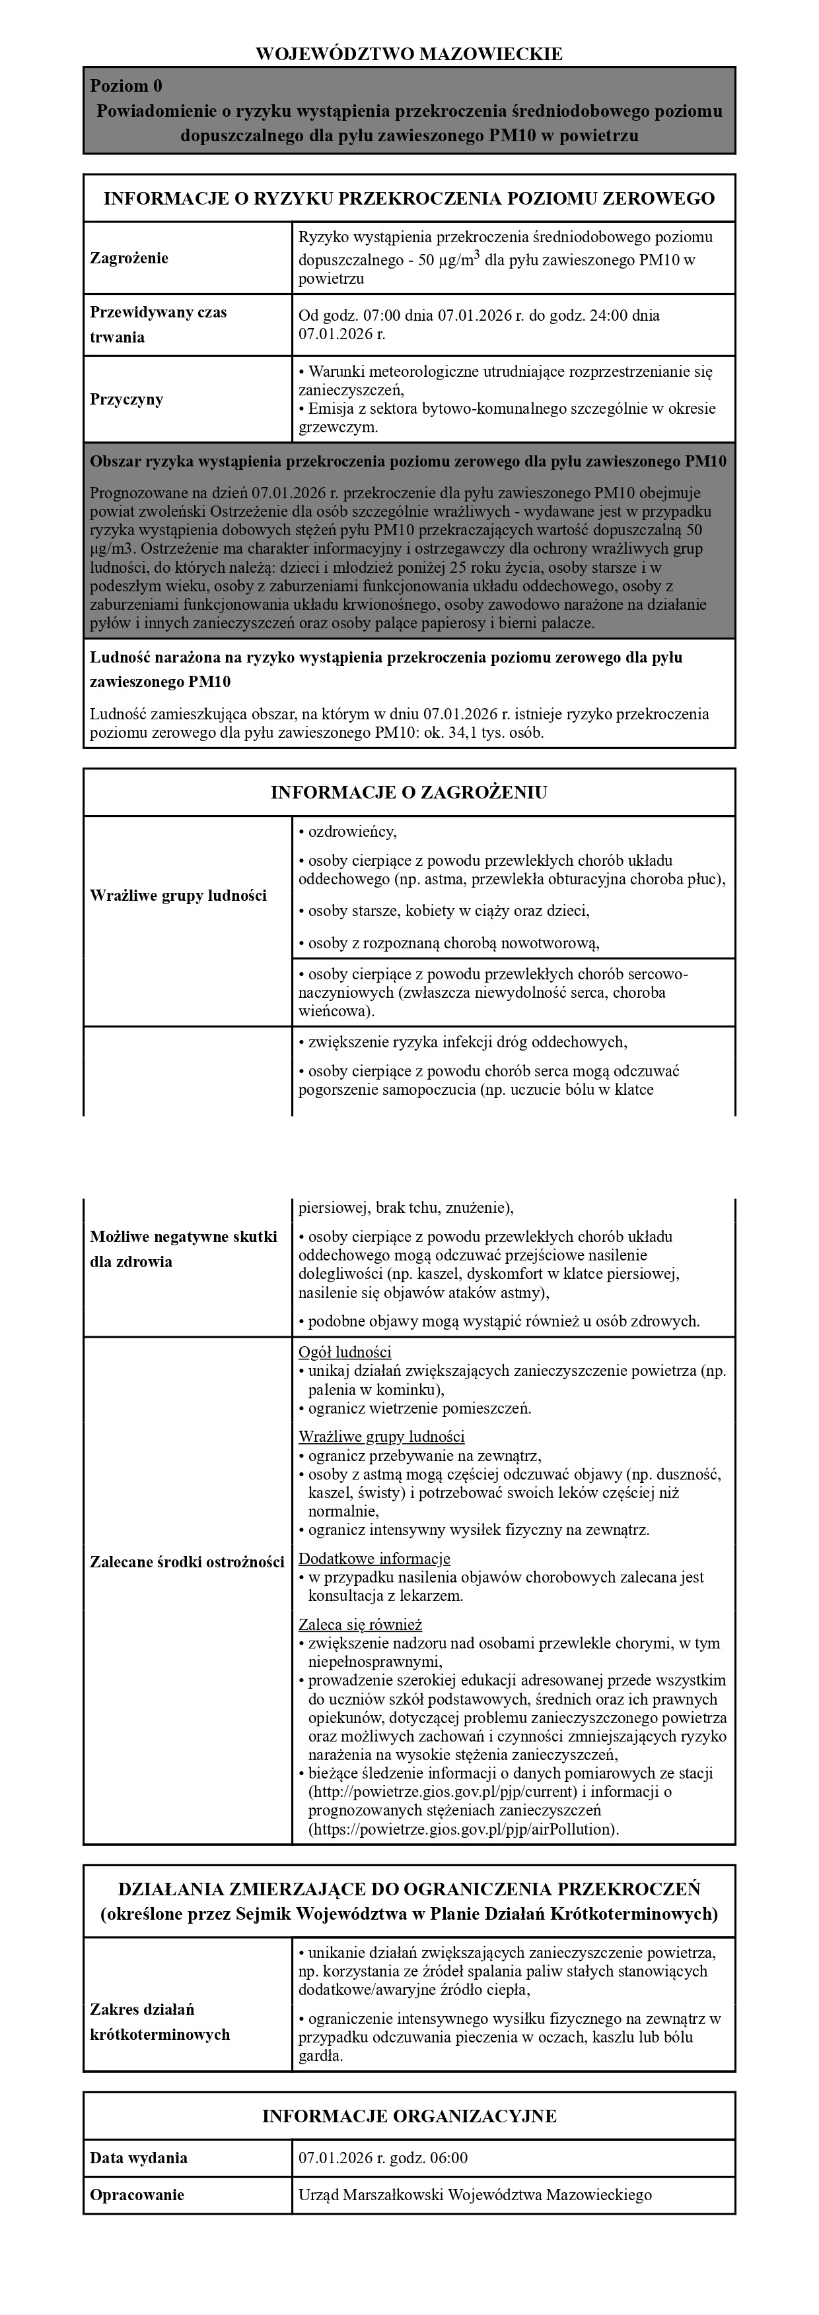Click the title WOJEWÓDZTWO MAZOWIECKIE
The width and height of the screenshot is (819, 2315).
(409, 54)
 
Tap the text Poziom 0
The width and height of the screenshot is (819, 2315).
(127, 86)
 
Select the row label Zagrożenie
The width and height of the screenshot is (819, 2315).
(129, 258)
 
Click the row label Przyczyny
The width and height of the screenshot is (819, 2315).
(127, 399)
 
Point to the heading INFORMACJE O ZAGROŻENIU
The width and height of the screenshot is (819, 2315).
(409, 793)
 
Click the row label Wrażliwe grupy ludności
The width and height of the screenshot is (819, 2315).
(179, 895)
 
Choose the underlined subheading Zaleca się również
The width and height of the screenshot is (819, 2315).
(359, 1625)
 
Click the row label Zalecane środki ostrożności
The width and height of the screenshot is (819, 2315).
(187, 1563)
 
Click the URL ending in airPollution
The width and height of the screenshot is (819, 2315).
(462, 1829)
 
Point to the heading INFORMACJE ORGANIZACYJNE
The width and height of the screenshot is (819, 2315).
(409, 2117)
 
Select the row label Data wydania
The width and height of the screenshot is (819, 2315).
(139, 2158)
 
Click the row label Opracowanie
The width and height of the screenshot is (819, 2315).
(137, 2195)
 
